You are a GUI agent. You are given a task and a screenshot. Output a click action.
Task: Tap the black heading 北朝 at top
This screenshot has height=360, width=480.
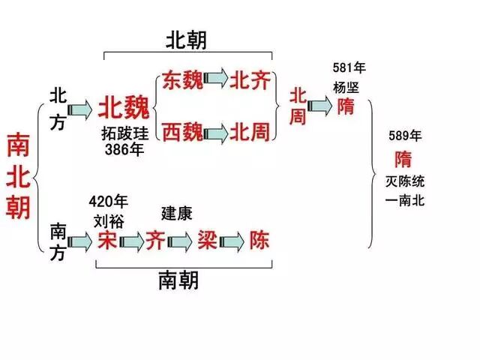point(186,40)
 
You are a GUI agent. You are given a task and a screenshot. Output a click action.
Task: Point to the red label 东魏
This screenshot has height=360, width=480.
point(182,80)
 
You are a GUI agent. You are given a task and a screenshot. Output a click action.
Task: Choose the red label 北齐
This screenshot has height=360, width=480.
point(250,80)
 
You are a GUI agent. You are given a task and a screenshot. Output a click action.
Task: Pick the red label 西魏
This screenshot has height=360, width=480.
point(182,133)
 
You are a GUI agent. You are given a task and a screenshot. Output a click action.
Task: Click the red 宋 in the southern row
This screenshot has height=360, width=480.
point(107,239)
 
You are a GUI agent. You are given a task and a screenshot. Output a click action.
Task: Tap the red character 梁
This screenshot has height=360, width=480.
point(206,240)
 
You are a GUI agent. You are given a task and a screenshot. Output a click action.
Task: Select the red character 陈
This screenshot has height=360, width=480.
point(259,240)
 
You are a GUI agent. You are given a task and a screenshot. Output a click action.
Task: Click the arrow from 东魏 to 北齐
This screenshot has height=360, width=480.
point(216,80)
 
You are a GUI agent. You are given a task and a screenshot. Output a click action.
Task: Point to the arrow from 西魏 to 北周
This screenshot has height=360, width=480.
point(216,133)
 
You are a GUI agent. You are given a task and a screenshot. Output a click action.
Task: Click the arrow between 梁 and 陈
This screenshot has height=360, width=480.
point(232,241)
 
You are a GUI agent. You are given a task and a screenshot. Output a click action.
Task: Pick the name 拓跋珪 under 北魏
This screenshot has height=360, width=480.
point(124,134)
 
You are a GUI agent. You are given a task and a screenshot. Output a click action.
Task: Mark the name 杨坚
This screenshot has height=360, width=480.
point(346,87)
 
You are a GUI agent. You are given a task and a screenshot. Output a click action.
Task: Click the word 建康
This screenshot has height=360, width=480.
point(177,214)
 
